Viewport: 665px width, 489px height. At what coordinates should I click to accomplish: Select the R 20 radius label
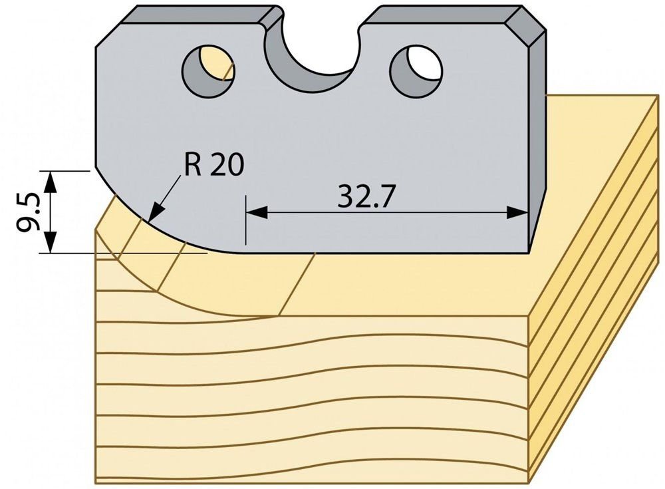click(213, 165)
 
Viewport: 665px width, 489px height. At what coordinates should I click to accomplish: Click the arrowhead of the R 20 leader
click(157, 211)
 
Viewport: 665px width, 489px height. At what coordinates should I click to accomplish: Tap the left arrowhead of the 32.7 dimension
click(257, 212)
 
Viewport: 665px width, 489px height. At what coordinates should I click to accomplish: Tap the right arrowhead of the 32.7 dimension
click(517, 212)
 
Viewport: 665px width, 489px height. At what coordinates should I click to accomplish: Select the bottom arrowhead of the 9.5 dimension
click(51, 242)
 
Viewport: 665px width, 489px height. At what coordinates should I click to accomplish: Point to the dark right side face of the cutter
click(537, 140)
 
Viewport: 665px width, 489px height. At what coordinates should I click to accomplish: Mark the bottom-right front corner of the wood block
click(529, 483)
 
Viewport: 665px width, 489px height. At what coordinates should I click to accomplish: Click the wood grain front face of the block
click(312, 399)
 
